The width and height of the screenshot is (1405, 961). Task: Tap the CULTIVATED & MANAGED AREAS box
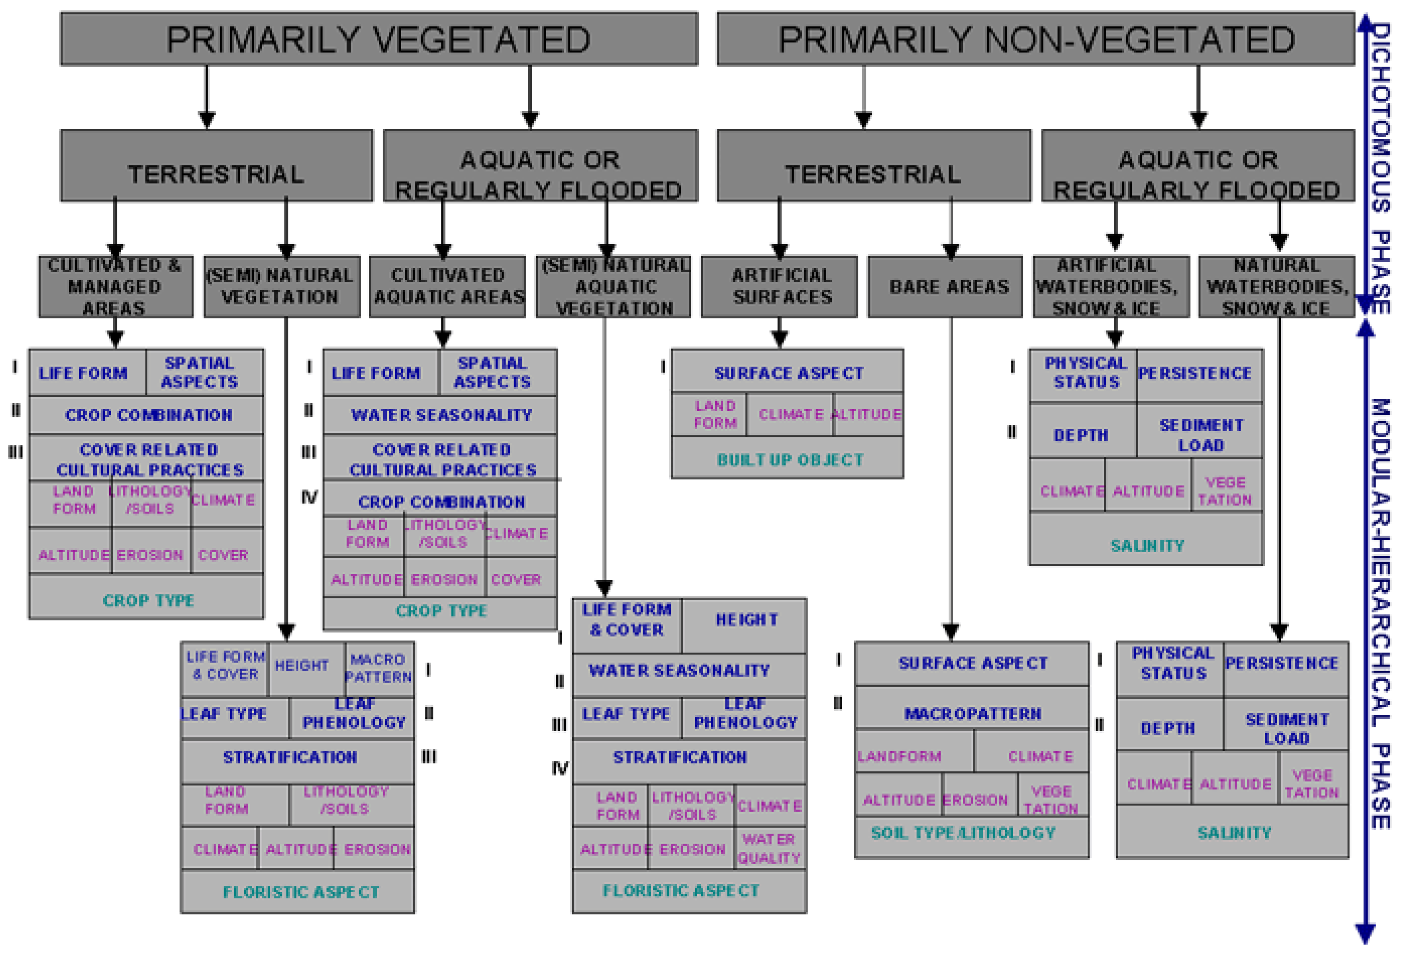click(x=115, y=287)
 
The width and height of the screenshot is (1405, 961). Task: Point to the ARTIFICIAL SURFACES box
click(x=779, y=287)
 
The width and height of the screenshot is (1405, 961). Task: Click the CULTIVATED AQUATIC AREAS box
click(x=447, y=287)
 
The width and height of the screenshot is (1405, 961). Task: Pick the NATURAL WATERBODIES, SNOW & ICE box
click(x=1276, y=287)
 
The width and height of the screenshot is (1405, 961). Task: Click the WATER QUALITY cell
click(x=769, y=848)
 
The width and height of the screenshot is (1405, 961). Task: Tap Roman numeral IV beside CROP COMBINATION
click(x=310, y=497)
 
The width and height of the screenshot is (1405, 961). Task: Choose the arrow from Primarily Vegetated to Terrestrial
click(x=207, y=97)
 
